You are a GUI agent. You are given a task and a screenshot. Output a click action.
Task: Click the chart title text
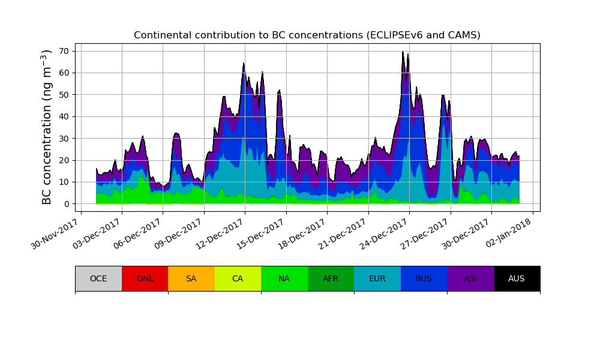307,35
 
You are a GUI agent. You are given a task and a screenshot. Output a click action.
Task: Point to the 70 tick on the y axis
63,51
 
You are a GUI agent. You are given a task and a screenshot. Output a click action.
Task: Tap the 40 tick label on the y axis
63,116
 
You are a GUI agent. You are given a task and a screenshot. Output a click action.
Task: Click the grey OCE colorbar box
98,278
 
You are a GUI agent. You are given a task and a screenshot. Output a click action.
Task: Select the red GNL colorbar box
145,278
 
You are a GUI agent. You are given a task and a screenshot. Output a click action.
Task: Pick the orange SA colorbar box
191,278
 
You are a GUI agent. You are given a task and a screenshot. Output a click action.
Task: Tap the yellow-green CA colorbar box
238,278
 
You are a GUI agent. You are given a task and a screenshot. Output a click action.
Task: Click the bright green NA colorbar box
284,278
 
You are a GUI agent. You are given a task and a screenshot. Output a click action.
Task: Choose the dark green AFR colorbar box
331,278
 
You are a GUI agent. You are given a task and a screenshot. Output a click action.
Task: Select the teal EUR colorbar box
377,278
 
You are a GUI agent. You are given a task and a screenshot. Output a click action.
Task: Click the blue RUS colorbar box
424,278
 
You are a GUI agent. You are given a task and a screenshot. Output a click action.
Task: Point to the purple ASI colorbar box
470,278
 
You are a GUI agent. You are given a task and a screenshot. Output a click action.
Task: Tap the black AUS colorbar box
517,278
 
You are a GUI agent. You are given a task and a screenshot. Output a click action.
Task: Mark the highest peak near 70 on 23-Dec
403,52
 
